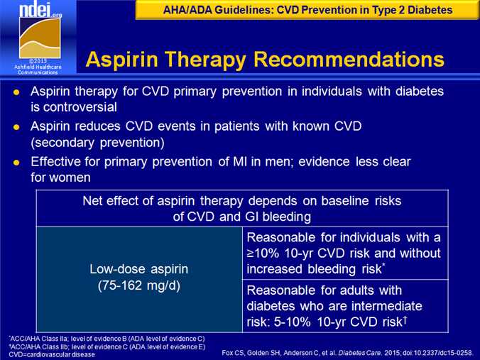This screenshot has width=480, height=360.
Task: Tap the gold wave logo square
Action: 40,38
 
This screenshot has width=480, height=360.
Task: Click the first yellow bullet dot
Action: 16,92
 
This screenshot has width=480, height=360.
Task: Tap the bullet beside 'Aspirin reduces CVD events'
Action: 16,127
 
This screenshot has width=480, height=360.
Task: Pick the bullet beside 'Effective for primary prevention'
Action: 16,163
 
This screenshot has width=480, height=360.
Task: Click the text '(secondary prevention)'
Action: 97,143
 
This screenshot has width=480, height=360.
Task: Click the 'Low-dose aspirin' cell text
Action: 139,269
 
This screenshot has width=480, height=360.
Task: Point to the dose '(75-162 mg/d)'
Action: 139,285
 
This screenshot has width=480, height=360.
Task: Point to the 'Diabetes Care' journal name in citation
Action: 358,353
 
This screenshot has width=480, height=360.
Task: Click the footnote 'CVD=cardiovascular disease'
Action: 52,354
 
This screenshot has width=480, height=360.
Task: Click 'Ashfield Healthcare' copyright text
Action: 38,67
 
